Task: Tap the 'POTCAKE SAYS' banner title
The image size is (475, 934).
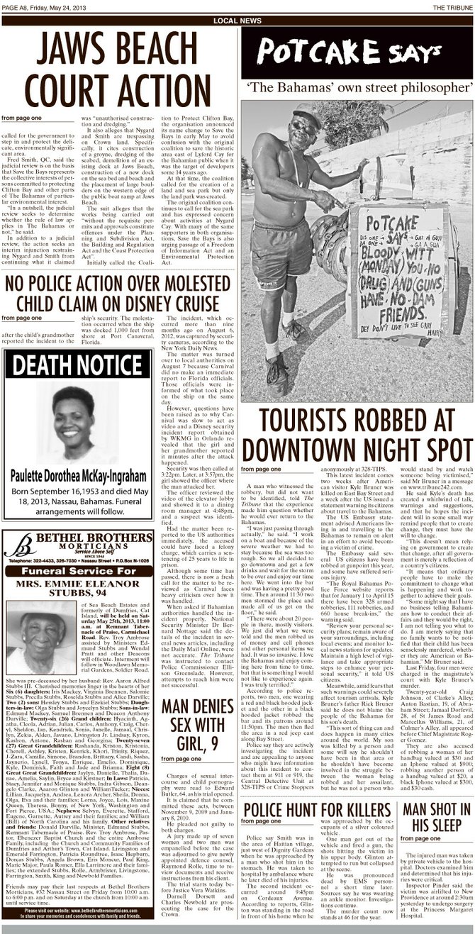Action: [357, 52]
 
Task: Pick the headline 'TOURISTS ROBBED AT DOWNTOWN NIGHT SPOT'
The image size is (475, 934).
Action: [357, 435]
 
